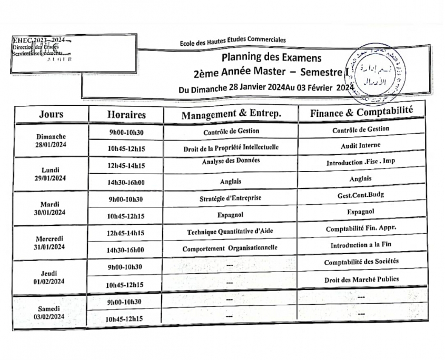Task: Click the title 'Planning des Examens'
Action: pyautogui.click(x=271, y=57)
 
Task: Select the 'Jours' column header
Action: pyautogui.click(x=51, y=114)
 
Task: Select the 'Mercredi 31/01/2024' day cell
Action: pyautogui.click(x=51, y=243)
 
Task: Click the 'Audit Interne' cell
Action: pyautogui.click(x=361, y=146)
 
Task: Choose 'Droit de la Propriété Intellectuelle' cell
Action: pyautogui.click(x=231, y=148)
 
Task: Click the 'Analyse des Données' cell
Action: pyautogui.click(x=231, y=161)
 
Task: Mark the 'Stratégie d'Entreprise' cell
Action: pyautogui.click(x=231, y=198)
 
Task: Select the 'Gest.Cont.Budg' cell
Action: pyautogui.click(x=361, y=195)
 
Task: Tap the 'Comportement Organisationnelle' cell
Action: pyautogui.click(x=231, y=248)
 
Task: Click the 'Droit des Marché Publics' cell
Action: pyautogui.click(x=361, y=279)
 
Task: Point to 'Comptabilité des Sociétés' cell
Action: pyautogui.click(x=361, y=262)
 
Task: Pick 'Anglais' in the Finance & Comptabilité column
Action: pyautogui.click(x=361, y=178)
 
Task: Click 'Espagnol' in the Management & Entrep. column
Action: pyautogui.click(x=231, y=215)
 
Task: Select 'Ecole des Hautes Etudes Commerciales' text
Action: pyautogui.click(x=232, y=40)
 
